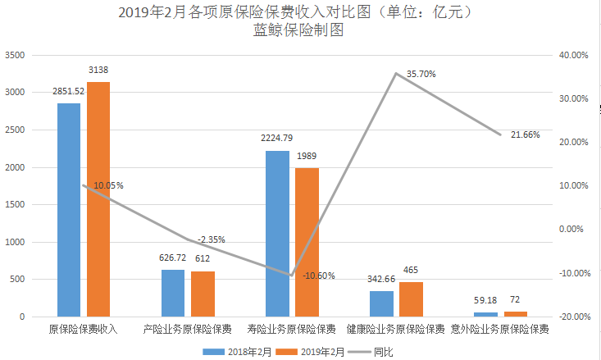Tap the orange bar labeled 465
click(x=412, y=299)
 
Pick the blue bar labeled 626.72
click(x=173, y=293)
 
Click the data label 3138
click(x=98, y=71)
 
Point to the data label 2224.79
click(x=277, y=140)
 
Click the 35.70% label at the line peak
click(x=421, y=74)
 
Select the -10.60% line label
click(x=318, y=276)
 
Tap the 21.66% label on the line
click(x=525, y=134)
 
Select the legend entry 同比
click(x=382, y=351)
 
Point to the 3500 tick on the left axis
click(x=16, y=55)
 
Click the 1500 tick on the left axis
click(x=16, y=205)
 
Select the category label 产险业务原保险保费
click(x=187, y=330)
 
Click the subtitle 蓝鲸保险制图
click(x=298, y=31)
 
